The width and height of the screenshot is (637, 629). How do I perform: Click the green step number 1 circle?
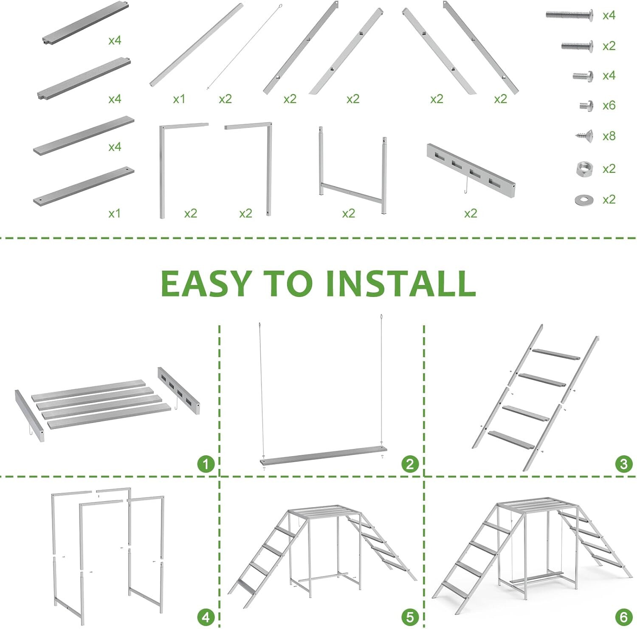tap(206, 464)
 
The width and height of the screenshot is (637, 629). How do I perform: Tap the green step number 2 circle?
tap(410, 464)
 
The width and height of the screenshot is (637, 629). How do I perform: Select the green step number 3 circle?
tap(623, 464)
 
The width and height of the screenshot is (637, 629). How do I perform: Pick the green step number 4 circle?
tap(206, 617)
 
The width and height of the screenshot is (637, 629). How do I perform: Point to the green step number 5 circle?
tap(410, 617)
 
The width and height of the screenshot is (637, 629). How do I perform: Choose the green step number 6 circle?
tap(623, 617)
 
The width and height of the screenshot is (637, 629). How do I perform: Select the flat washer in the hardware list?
tap(584, 200)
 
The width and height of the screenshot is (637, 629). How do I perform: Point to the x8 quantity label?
tap(609, 136)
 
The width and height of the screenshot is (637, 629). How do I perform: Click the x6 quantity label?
tap(609, 105)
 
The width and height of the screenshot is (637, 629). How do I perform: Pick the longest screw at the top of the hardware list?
tap(569, 15)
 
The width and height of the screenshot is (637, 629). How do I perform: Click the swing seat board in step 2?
tap(324, 455)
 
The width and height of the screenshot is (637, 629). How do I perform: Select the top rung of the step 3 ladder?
tap(556, 354)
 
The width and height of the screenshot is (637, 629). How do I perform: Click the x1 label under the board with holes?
tap(114, 213)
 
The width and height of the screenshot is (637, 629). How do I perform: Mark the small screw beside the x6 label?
tap(586, 106)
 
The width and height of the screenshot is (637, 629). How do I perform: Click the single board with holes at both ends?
tap(84, 186)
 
